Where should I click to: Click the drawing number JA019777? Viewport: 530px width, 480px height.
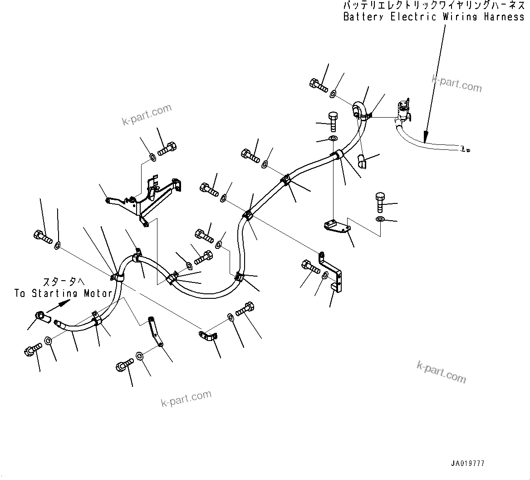(467, 464)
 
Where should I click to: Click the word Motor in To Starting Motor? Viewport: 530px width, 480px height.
(98, 293)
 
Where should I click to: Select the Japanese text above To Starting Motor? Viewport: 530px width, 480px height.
(64, 282)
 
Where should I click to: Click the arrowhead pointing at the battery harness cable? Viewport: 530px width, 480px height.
(425, 136)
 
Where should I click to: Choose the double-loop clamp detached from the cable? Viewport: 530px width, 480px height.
(209, 336)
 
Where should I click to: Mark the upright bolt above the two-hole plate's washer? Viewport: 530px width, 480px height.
(380, 202)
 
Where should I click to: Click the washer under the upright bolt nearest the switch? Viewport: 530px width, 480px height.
(333, 138)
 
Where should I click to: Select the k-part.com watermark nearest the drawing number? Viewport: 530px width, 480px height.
(441, 372)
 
